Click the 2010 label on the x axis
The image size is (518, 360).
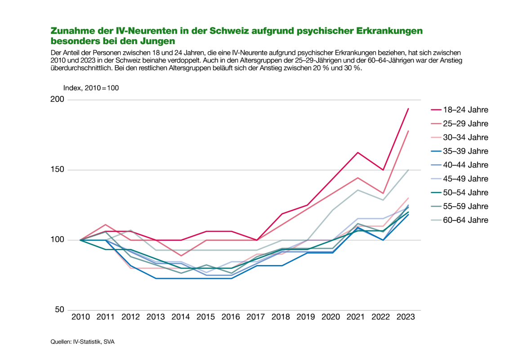pyautogui.click(x=80, y=317)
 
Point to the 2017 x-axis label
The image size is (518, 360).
pyautogui.click(x=256, y=317)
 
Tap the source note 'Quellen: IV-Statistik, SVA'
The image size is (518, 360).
pyautogui.click(x=83, y=342)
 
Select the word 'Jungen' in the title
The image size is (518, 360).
pyautogui.click(x=158, y=41)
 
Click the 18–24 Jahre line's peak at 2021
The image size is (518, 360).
pyautogui.click(x=357, y=153)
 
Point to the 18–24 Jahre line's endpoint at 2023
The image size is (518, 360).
pyautogui.click(x=408, y=108)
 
